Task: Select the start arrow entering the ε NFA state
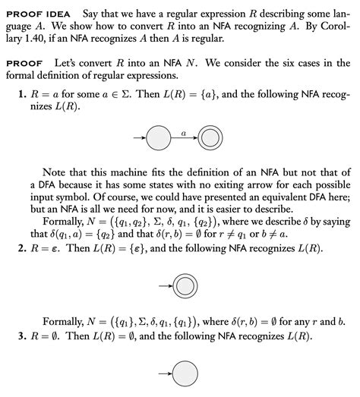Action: [x=163, y=288]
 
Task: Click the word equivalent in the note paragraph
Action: [x=253, y=197]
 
